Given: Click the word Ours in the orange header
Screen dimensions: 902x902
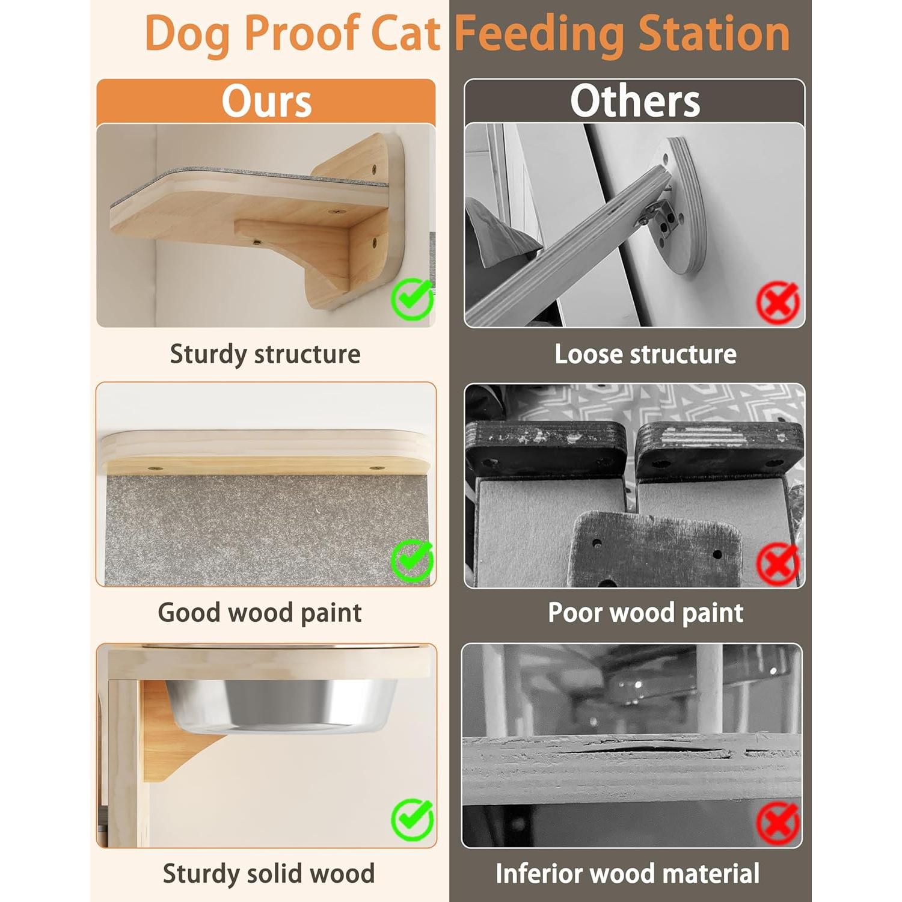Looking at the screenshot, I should (x=266, y=101).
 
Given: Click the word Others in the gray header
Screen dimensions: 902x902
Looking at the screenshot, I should (x=635, y=101).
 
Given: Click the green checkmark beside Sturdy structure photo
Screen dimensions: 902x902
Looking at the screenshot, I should (x=412, y=299).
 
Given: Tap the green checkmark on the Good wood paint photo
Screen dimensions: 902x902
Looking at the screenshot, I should (x=412, y=560).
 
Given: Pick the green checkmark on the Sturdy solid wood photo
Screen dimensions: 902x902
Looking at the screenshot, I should (x=412, y=819).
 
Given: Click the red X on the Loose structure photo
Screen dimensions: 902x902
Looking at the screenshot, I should (x=778, y=302).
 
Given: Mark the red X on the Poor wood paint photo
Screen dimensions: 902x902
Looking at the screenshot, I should (x=778, y=563).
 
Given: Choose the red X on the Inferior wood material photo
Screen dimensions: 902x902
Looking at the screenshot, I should (x=778, y=823).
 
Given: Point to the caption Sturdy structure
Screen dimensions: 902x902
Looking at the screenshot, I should (x=265, y=354).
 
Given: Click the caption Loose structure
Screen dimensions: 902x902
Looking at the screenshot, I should (x=645, y=354).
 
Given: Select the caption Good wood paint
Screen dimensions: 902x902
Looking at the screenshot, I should (x=260, y=613).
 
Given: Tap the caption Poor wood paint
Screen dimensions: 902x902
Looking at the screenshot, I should (x=645, y=613).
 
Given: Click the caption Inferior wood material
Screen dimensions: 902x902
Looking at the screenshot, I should (x=627, y=874).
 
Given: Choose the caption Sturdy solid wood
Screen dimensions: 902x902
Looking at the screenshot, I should (x=268, y=874).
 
